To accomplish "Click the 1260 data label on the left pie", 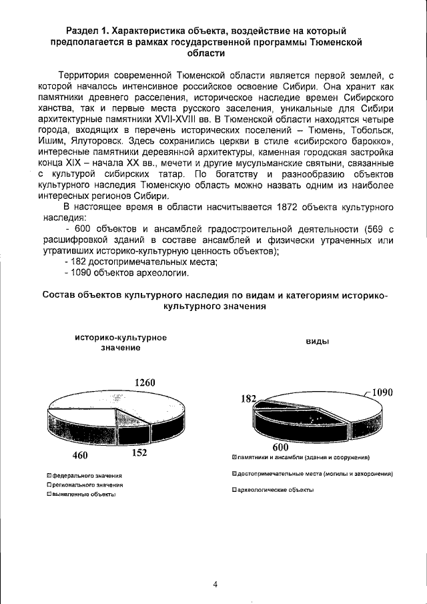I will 145,382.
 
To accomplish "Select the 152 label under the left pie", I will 139,452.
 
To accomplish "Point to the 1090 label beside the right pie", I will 382,392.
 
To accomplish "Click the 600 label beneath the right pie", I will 281,448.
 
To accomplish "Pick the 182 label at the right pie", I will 248,398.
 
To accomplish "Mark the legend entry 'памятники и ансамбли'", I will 303,457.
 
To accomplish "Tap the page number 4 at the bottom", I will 215,585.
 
